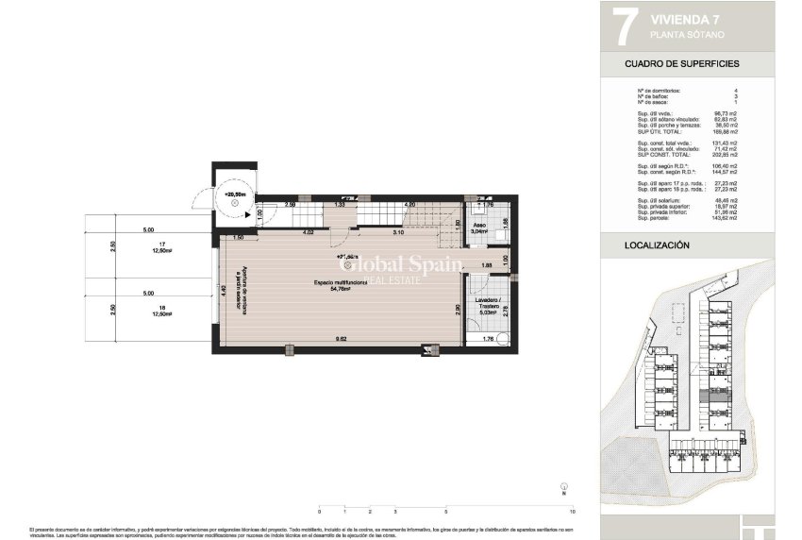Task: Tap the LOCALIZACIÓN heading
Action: click(657, 245)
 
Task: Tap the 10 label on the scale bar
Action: click(573, 511)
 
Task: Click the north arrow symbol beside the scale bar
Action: click(562, 489)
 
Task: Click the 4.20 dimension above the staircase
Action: click(409, 204)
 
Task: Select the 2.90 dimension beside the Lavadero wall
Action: click(458, 308)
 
